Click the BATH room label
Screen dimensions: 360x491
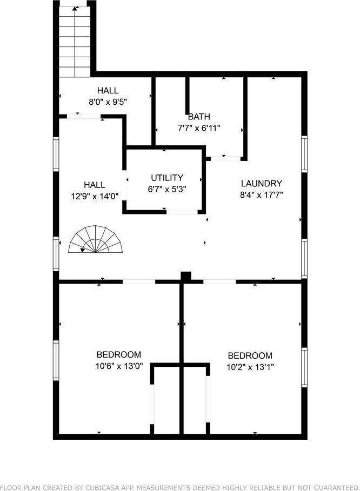(x=199, y=117)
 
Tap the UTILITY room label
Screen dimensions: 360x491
(x=167, y=178)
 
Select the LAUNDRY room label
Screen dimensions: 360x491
(x=261, y=183)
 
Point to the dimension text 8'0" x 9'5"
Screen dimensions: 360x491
(x=108, y=102)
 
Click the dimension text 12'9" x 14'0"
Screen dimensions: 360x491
(x=95, y=196)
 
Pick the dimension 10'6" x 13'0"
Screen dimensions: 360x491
(x=119, y=366)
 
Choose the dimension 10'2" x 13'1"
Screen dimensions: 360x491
(x=250, y=367)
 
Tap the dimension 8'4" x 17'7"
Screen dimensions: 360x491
(x=261, y=195)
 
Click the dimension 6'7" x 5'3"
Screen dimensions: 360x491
(x=167, y=189)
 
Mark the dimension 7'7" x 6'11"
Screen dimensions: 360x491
(x=199, y=128)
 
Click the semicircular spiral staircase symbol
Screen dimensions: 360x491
(x=95, y=239)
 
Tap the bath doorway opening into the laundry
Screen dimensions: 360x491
(x=225, y=158)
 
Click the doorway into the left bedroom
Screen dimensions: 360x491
(x=139, y=281)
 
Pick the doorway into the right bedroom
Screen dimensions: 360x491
(x=219, y=281)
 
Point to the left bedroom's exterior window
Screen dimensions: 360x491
(x=56, y=360)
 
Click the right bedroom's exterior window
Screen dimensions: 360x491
(x=304, y=367)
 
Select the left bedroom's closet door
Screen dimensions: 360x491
(x=152, y=404)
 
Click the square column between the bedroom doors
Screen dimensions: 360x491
(x=186, y=277)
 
